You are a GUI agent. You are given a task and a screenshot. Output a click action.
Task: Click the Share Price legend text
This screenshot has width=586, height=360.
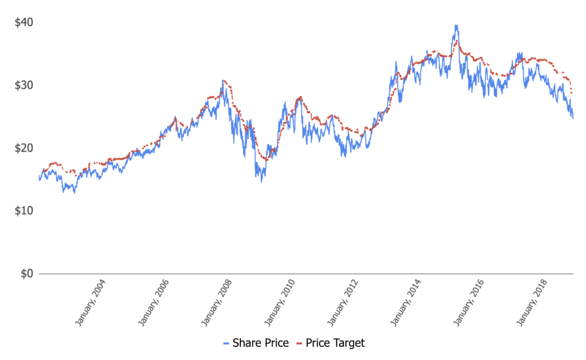(x=260, y=343)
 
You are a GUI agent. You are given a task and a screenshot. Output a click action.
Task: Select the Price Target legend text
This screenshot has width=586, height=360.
(x=335, y=343)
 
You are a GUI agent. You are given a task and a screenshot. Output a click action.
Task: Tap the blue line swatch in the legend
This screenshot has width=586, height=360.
(x=226, y=343)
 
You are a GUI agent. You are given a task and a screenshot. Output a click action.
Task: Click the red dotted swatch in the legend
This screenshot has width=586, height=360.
(x=299, y=343)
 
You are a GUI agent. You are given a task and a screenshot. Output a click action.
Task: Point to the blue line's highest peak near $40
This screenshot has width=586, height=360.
(x=456, y=25)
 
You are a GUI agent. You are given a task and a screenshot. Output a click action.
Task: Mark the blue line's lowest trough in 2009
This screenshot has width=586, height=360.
(x=262, y=181)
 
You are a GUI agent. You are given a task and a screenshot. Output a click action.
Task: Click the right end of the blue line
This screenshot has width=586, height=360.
(x=573, y=117)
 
